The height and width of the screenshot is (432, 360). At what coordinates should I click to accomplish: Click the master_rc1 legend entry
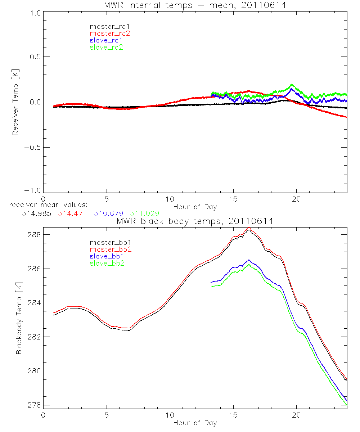click(106, 26)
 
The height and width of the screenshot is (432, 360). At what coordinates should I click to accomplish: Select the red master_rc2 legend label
click(106, 33)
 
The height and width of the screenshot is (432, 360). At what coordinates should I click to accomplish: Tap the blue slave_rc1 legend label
click(106, 40)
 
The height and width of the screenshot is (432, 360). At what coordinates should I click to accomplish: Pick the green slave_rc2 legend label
click(106, 47)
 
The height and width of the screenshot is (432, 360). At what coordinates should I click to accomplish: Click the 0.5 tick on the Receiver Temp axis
click(35, 57)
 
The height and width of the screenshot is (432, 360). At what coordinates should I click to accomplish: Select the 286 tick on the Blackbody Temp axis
click(34, 269)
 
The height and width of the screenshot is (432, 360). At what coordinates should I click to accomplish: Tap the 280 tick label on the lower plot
click(34, 371)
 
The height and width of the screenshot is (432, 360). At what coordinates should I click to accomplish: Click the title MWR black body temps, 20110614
click(195, 221)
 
